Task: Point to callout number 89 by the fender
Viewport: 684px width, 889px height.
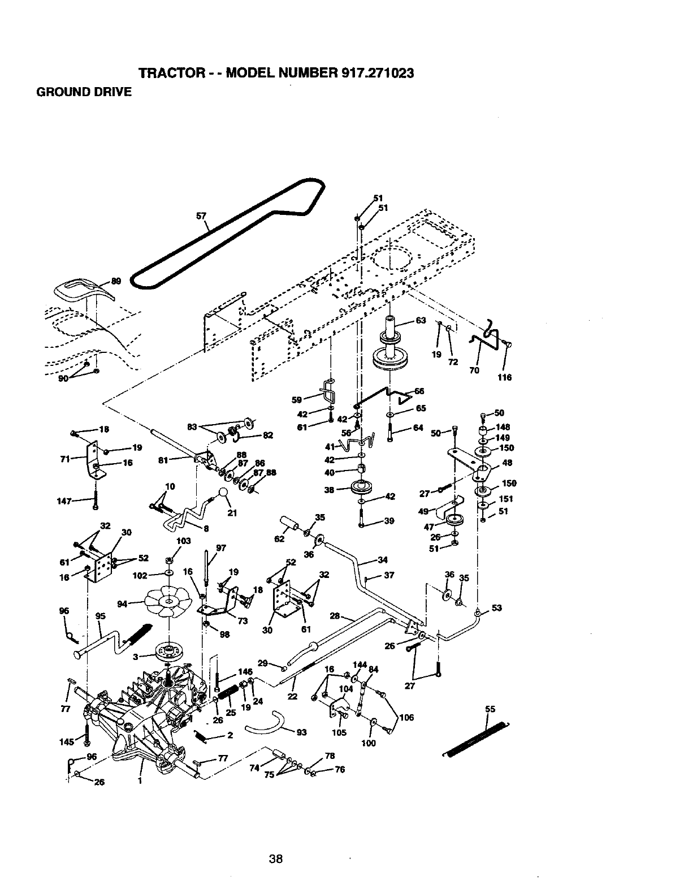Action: pyautogui.click(x=116, y=281)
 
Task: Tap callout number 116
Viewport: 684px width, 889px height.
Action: pyautogui.click(x=504, y=377)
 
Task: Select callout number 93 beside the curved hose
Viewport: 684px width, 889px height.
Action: pyautogui.click(x=301, y=733)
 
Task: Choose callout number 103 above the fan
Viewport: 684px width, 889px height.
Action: pyautogui.click(x=184, y=541)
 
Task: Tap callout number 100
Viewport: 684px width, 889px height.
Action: pyautogui.click(x=368, y=743)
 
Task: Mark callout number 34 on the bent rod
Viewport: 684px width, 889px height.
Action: pyautogui.click(x=383, y=560)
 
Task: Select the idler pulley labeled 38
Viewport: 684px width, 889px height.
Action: pyautogui.click(x=359, y=487)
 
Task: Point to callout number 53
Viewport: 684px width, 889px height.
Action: pyautogui.click(x=496, y=609)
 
